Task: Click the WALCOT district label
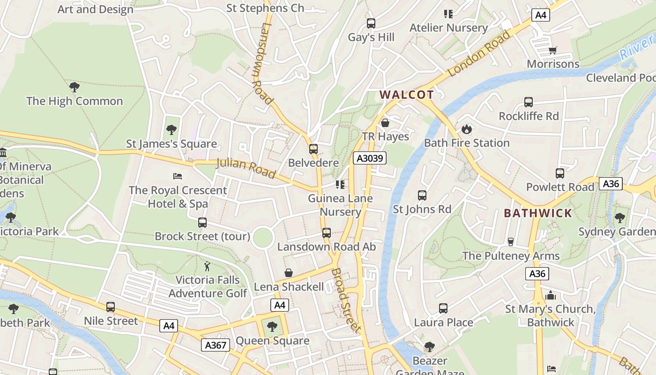point(407,95)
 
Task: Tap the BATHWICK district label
point(538,213)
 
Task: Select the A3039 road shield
point(370,158)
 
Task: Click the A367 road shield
point(216,345)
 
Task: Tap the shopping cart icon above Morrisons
point(553,50)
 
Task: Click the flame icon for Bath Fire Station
point(467,129)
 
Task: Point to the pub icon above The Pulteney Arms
point(511,241)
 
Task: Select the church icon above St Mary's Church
point(551,295)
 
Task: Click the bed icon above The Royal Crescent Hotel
point(178,176)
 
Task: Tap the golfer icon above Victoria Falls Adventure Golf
point(208,266)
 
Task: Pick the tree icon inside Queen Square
point(272,327)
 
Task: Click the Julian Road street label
point(246,168)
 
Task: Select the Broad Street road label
point(347,300)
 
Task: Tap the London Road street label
point(479,53)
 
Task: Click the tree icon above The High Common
point(74,87)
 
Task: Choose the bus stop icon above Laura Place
point(443,308)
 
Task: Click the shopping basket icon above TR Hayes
point(385,123)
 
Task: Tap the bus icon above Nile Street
point(111,307)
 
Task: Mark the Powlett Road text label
point(560,187)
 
